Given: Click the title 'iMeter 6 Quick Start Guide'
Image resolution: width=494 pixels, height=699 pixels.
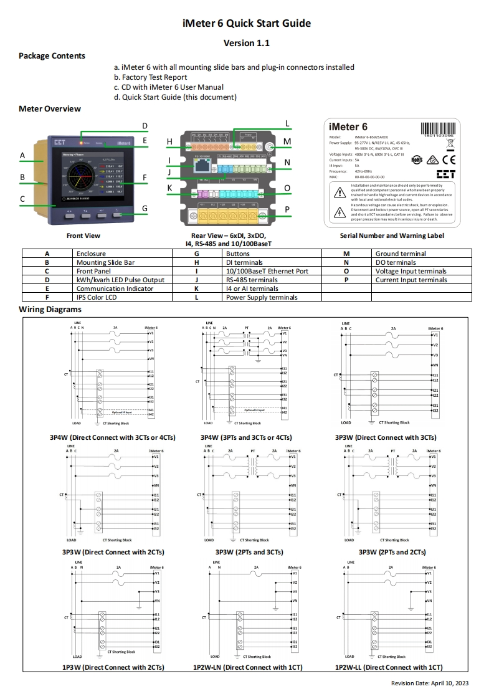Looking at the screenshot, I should [x=247, y=24].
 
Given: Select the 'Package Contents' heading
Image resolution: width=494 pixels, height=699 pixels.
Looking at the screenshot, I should [x=52, y=56].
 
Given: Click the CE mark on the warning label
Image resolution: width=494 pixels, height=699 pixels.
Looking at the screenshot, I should [x=448, y=158].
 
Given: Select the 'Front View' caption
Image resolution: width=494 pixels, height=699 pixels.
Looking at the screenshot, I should [x=83, y=236].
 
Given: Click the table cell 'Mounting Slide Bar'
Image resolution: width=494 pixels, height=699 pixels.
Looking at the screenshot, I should [x=105, y=263].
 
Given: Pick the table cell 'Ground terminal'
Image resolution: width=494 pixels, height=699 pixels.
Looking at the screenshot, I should [x=401, y=254].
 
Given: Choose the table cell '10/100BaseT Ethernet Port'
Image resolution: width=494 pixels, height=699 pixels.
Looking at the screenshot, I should [x=267, y=272].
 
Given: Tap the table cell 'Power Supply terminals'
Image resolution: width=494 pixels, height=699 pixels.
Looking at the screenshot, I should [x=262, y=298].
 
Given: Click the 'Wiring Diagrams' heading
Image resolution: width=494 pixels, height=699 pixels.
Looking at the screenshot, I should [x=50, y=310].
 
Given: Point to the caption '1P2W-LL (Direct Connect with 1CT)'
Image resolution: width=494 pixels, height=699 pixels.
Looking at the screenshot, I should [x=389, y=667].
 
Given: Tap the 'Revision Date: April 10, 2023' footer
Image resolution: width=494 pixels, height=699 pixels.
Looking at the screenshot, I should [x=429, y=683].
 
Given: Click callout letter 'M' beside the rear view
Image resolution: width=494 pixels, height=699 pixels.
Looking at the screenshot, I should [x=287, y=142].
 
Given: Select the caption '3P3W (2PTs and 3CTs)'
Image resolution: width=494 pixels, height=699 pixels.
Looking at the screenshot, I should [x=249, y=552].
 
